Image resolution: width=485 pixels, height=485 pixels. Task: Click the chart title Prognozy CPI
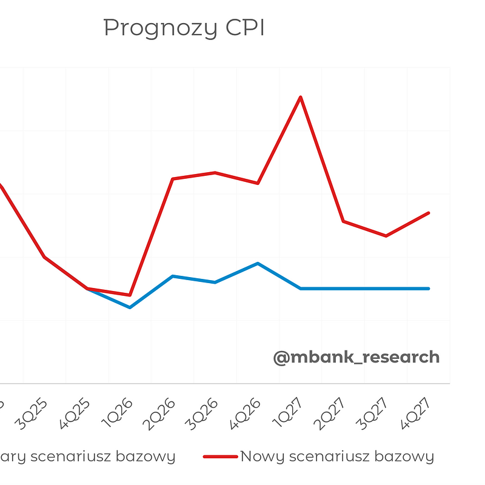(184, 28)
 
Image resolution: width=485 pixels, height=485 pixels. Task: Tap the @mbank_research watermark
(356, 357)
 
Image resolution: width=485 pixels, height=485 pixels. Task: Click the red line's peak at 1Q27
(300, 97)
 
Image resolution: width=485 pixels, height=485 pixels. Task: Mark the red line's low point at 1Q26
(130, 295)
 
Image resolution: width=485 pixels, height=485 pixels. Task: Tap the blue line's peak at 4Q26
(258, 263)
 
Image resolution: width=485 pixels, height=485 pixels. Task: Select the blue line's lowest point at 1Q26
(130, 307)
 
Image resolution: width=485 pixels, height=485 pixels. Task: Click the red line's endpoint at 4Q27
(429, 213)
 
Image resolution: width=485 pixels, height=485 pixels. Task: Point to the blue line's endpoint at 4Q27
(429, 289)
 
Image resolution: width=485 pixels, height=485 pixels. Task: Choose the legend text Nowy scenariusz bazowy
(337, 457)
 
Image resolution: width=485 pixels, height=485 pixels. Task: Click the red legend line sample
(220, 457)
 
